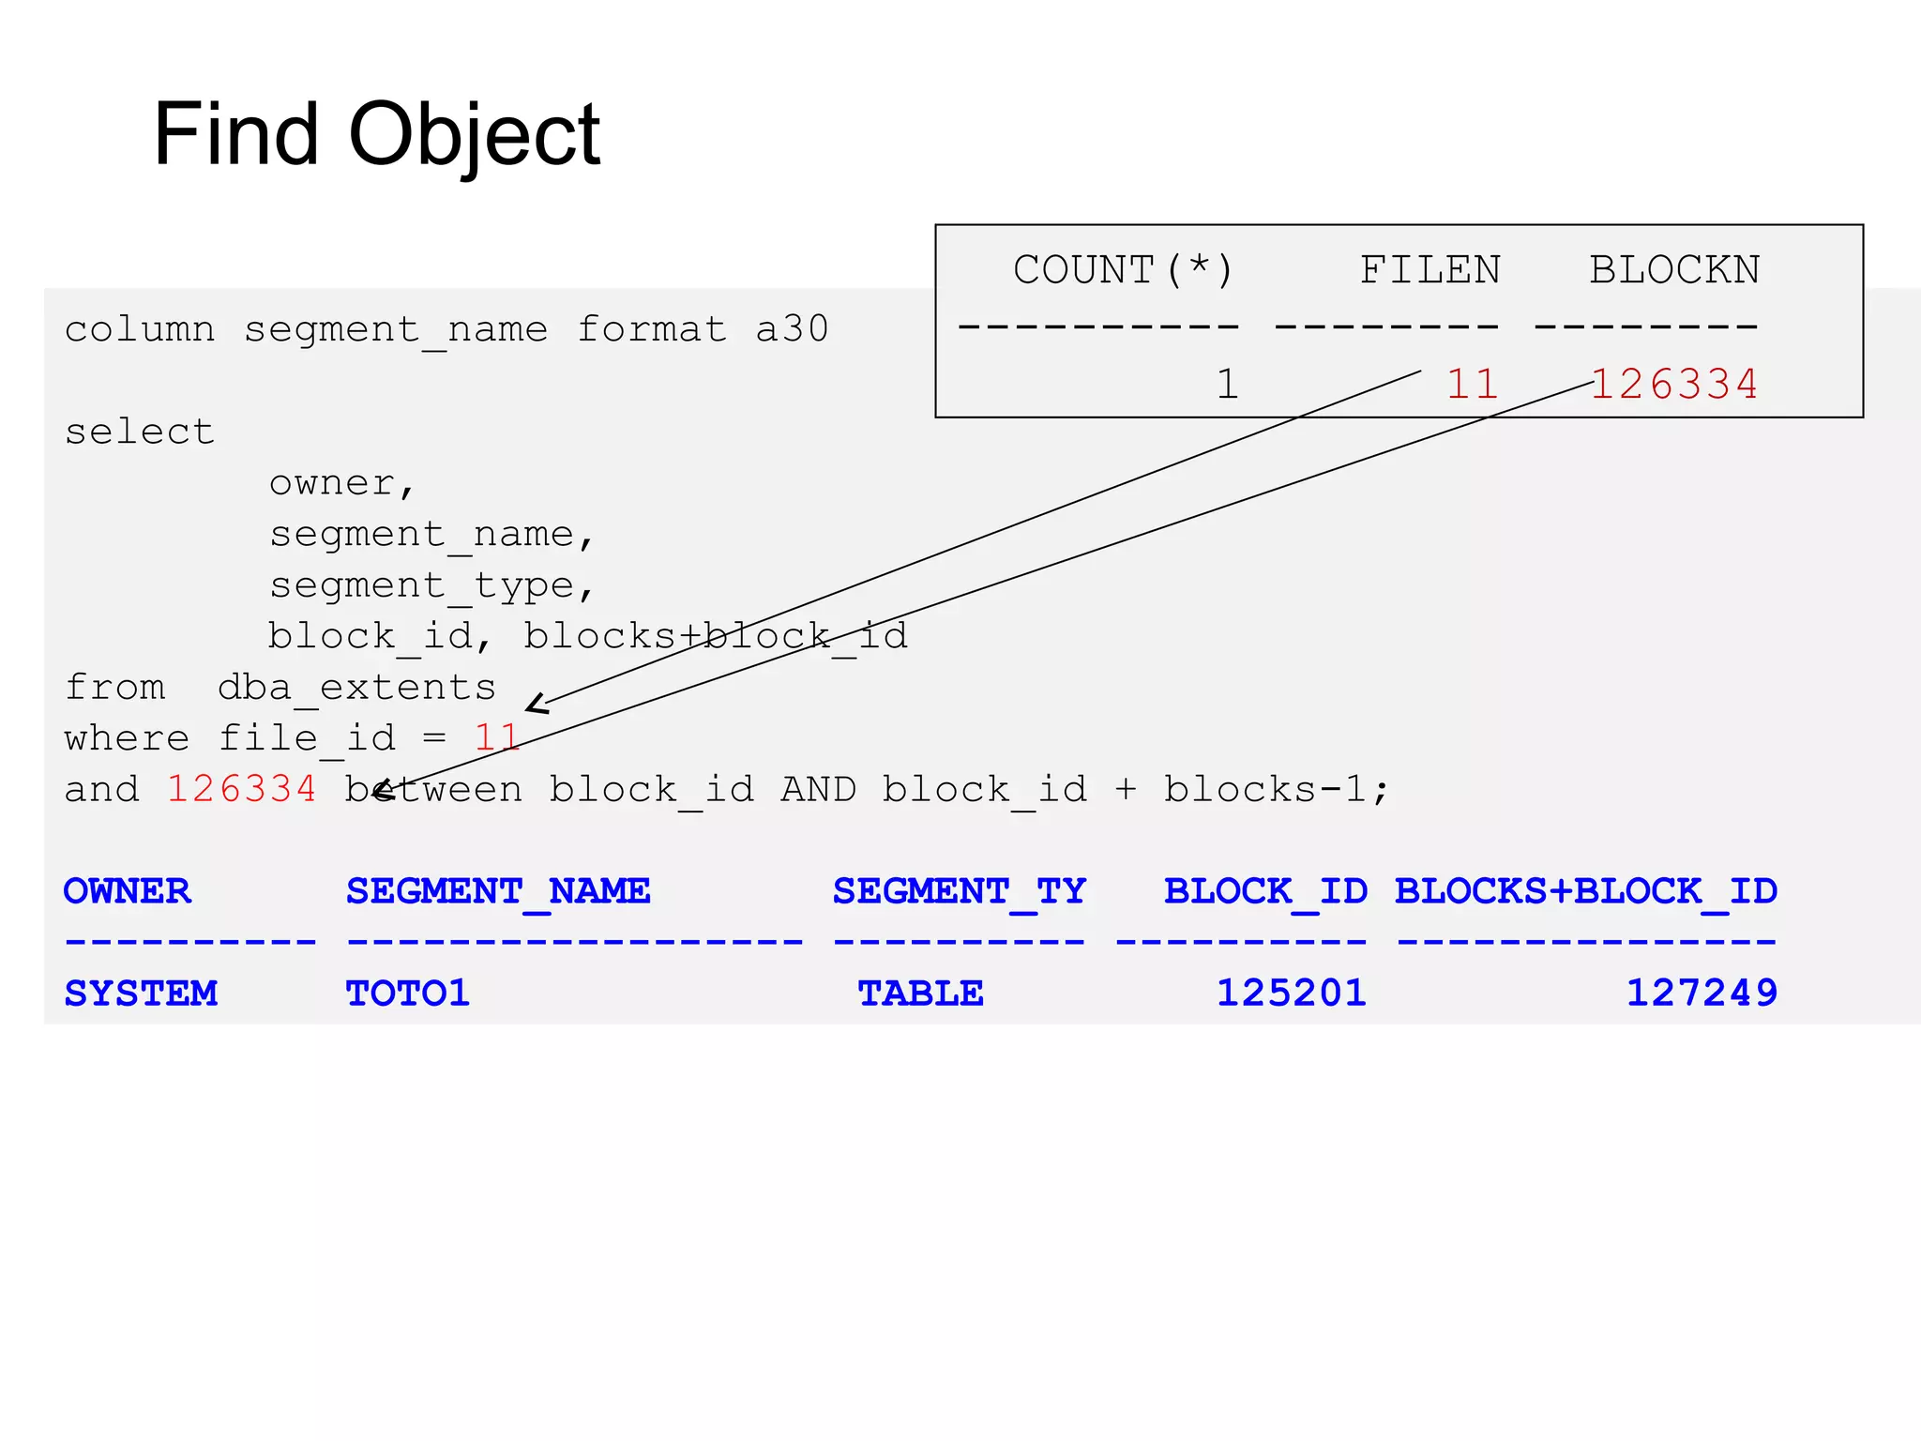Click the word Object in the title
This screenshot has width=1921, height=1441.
(474, 136)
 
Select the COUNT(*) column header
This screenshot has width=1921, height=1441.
(1123, 270)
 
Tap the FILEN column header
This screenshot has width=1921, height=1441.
(1429, 270)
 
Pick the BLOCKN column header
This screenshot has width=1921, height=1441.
(1673, 270)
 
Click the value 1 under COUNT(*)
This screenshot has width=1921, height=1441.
(1227, 384)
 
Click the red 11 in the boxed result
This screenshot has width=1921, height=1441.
(1472, 384)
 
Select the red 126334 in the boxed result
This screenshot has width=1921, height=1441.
(1674, 384)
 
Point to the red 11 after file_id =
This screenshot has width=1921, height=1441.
(496, 737)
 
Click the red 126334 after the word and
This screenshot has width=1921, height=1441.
(242, 789)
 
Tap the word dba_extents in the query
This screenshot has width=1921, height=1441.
(356, 688)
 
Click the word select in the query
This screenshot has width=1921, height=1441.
(140, 432)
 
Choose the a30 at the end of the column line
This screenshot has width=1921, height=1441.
(792, 329)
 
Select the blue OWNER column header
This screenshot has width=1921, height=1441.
(128, 890)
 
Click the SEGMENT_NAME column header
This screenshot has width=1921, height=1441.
(498, 890)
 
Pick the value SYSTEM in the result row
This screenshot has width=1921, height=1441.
(141, 993)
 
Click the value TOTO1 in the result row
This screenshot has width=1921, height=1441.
(407, 993)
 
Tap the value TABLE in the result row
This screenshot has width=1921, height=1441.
(920, 993)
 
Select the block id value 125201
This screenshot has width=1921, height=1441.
(1291, 993)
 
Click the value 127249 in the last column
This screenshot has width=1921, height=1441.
(1701, 993)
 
